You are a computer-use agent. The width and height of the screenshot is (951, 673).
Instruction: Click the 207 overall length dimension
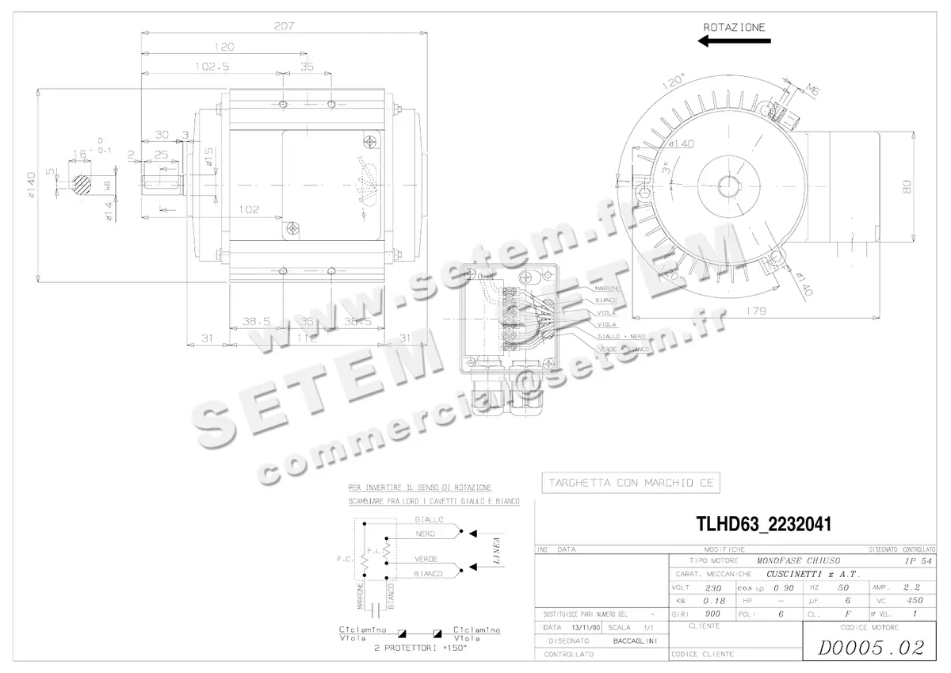point(285,25)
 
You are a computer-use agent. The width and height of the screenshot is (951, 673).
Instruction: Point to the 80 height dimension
point(906,186)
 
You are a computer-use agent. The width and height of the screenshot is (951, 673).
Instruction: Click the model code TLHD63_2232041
point(763,524)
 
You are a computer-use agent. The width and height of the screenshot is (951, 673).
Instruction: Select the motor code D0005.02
point(869,648)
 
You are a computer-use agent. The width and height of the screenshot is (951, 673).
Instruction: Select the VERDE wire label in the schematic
point(426,559)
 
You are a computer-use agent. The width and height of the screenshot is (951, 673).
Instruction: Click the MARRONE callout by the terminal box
point(608,289)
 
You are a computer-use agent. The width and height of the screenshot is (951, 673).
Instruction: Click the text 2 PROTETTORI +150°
point(421,648)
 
